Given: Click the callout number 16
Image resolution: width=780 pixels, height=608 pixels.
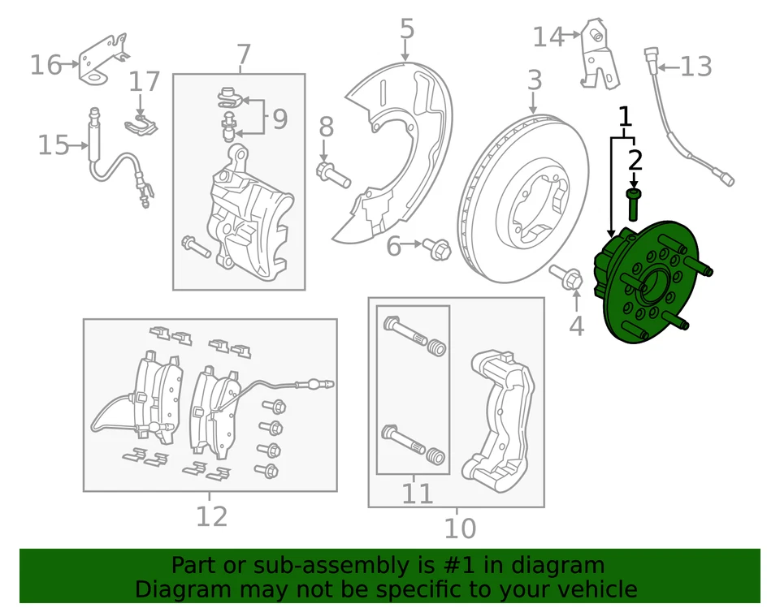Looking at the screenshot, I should tap(45, 64).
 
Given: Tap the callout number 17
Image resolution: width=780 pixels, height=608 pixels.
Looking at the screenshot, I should tap(145, 82).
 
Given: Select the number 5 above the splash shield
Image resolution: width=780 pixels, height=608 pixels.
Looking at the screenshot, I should tap(407, 29).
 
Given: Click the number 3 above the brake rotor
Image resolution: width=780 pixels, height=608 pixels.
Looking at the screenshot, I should tap(534, 80).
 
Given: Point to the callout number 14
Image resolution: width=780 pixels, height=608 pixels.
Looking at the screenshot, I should tap(548, 37).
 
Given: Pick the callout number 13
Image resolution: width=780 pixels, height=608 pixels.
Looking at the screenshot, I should tap(695, 67).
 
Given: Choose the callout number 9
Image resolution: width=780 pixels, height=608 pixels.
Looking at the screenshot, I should tap(279, 120).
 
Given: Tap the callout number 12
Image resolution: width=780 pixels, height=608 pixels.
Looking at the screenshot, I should tap(211, 516).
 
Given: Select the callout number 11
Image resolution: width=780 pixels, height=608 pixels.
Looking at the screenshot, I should tap(418, 493).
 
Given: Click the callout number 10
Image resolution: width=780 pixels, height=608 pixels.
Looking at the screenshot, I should tap(459, 528).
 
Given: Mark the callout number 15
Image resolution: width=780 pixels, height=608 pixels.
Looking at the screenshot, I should tap(54, 146).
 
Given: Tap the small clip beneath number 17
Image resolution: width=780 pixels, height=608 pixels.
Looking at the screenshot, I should tap(142, 124).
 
